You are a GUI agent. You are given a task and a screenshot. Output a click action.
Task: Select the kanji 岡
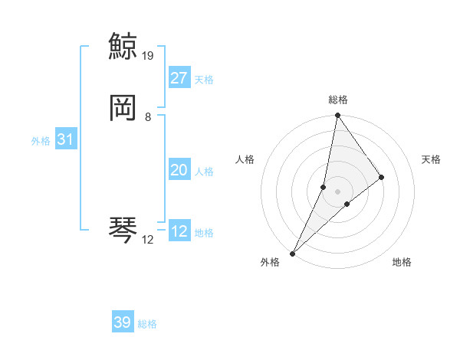pyautogui.click(x=123, y=109)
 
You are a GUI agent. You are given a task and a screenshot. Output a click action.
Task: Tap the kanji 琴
pyautogui.click(x=123, y=230)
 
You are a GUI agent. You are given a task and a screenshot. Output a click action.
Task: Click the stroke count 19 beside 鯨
pyautogui.click(x=149, y=56)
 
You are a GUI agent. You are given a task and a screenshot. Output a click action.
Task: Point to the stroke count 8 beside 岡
pyautogui.click(x=148, y=117)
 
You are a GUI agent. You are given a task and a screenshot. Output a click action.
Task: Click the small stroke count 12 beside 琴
pyautogui.click(x=148, y=240)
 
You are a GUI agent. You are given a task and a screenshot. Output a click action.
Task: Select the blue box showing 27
pyautogui.click(x=179, y=78)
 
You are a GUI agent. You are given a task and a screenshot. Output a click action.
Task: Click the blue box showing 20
pyautogui.click(x=179, y=170)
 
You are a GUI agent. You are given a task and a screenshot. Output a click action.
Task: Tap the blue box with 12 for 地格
pyautogui.click(x=179, y=231)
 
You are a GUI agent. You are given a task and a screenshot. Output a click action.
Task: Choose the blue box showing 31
pyautogui.click(x=65, y=140)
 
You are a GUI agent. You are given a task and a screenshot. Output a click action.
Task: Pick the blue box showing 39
pyautogui.click(x=123, y=322)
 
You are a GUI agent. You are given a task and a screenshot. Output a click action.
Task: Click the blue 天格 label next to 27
pyautogui.click(x=204, y=80)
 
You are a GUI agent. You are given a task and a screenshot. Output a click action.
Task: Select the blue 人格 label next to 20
pyautogui.click(x=204, y=172)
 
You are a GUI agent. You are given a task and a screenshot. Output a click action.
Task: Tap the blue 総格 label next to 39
pyautogui.click(x=147, y=324)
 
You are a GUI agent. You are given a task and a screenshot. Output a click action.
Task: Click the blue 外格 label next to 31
pyautogui.click(x=41, y=141)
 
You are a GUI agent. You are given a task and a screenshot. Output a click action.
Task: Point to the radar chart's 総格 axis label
pyautogui.click(x=338, y=100)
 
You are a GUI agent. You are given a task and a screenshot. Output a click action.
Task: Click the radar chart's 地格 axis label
pyautogui.click(x=402, y=263)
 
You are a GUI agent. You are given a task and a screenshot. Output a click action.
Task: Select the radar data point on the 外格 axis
pyautogui.click(x=292, y=253)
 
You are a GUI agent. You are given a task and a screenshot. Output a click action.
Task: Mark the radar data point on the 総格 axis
pyautogui.click(x=337, y=116)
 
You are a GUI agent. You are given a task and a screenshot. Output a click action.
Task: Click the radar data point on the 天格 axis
pyautogui.click(x=381, y=177)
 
